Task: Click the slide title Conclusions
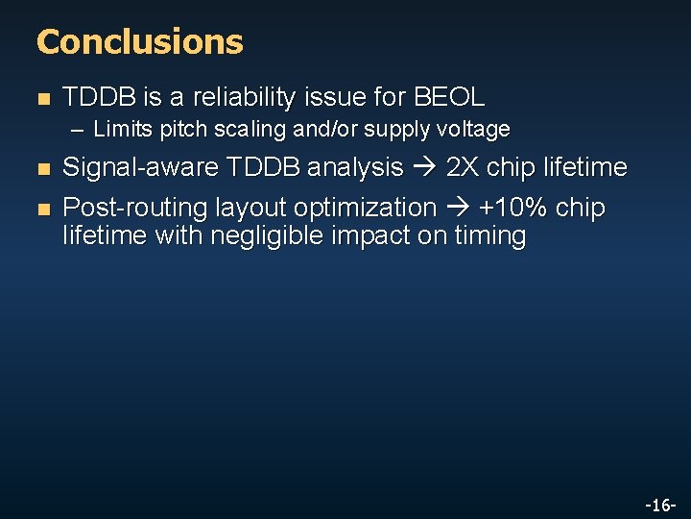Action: tap(139, 41)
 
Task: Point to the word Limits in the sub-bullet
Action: tap(116, 129)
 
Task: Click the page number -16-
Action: tap(659, 505)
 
